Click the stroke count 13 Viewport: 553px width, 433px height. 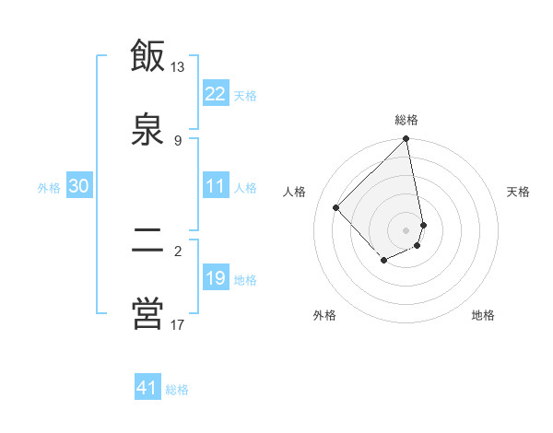click(x=177, y=67)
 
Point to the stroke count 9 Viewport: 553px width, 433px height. click(x=178, y=140)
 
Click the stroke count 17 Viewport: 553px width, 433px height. click(x=177, y=324)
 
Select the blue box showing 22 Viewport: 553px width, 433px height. click(x=216, y=94)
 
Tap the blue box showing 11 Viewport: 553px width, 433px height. click(x=216, y=186)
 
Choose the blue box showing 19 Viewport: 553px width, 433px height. click(x=216, y=278)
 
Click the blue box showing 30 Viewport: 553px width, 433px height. click(x=79, y=186)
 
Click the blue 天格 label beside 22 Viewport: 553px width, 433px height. click(x=245, y=95)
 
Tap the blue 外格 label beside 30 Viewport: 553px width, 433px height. click(x=49, y=187)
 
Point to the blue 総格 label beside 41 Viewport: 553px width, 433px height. click(x=177, y=389)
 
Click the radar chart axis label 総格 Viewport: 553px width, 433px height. click(x=406, y=120)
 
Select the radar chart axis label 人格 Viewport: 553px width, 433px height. click(x=295, y=192)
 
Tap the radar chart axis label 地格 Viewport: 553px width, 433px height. click(x=483, y=315)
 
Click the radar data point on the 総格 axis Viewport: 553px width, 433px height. click(x=406, y=140)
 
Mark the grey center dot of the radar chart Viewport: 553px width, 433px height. click(x=406, y=229)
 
